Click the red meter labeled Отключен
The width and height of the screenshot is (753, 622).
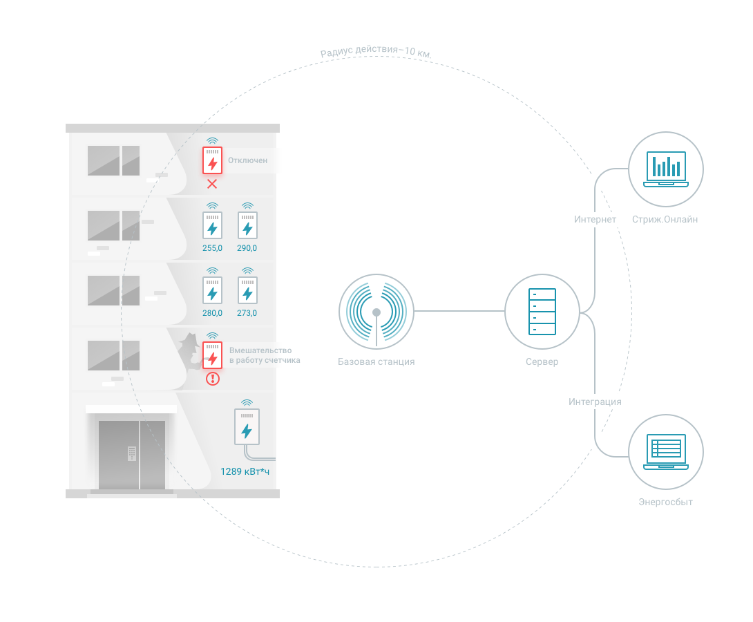point(212,160)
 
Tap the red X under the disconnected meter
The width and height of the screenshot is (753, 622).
point(212,184)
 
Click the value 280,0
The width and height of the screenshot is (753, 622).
point(212,313)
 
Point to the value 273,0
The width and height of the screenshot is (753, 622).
point(247,313)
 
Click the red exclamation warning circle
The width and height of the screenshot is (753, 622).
point(213,379)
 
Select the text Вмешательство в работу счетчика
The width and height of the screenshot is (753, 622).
point(265,355)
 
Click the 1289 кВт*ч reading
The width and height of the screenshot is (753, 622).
point(245,471)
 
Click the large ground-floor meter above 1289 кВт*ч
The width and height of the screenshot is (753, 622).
point(247,426)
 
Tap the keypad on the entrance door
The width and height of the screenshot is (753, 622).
point(131,453)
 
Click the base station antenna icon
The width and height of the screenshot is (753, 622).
point(376,312)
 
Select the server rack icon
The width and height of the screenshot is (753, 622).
point(542,312)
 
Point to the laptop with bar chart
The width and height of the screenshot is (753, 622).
point(665,169)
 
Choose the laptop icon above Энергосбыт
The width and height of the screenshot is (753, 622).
point(665,451)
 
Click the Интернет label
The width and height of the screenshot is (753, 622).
point(595,220)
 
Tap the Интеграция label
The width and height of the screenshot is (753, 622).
point(595,402)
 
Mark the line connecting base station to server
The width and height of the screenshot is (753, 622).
point(459,311)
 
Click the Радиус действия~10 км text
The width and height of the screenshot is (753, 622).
point(376,51)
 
